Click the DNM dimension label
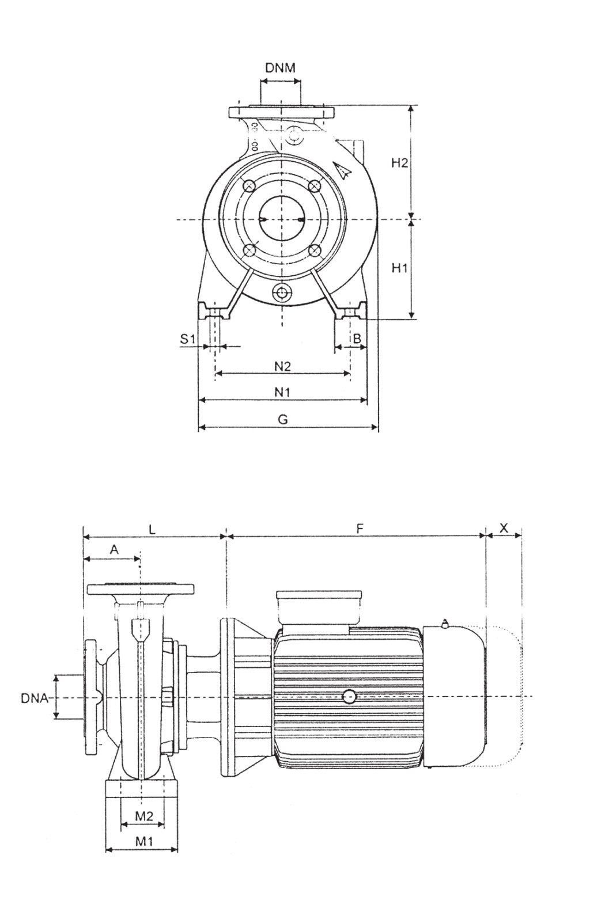(x=281, y=67)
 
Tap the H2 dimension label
(x=399, y=163)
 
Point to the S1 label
(x=188, y=339)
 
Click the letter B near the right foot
(x=357, y=339)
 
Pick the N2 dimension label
(x=282, y=366)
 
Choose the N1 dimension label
(x=282, y=393)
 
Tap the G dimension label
(x=282, y=419)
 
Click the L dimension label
(x=152, y=529)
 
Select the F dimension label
(x=360, y=529)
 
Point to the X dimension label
(x=504, y=528)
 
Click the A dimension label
(x=114, y=550)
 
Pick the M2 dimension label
(x=144, y=815)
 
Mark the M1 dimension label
(x=143, y=841)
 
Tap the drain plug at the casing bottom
(x=282, y=292)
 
